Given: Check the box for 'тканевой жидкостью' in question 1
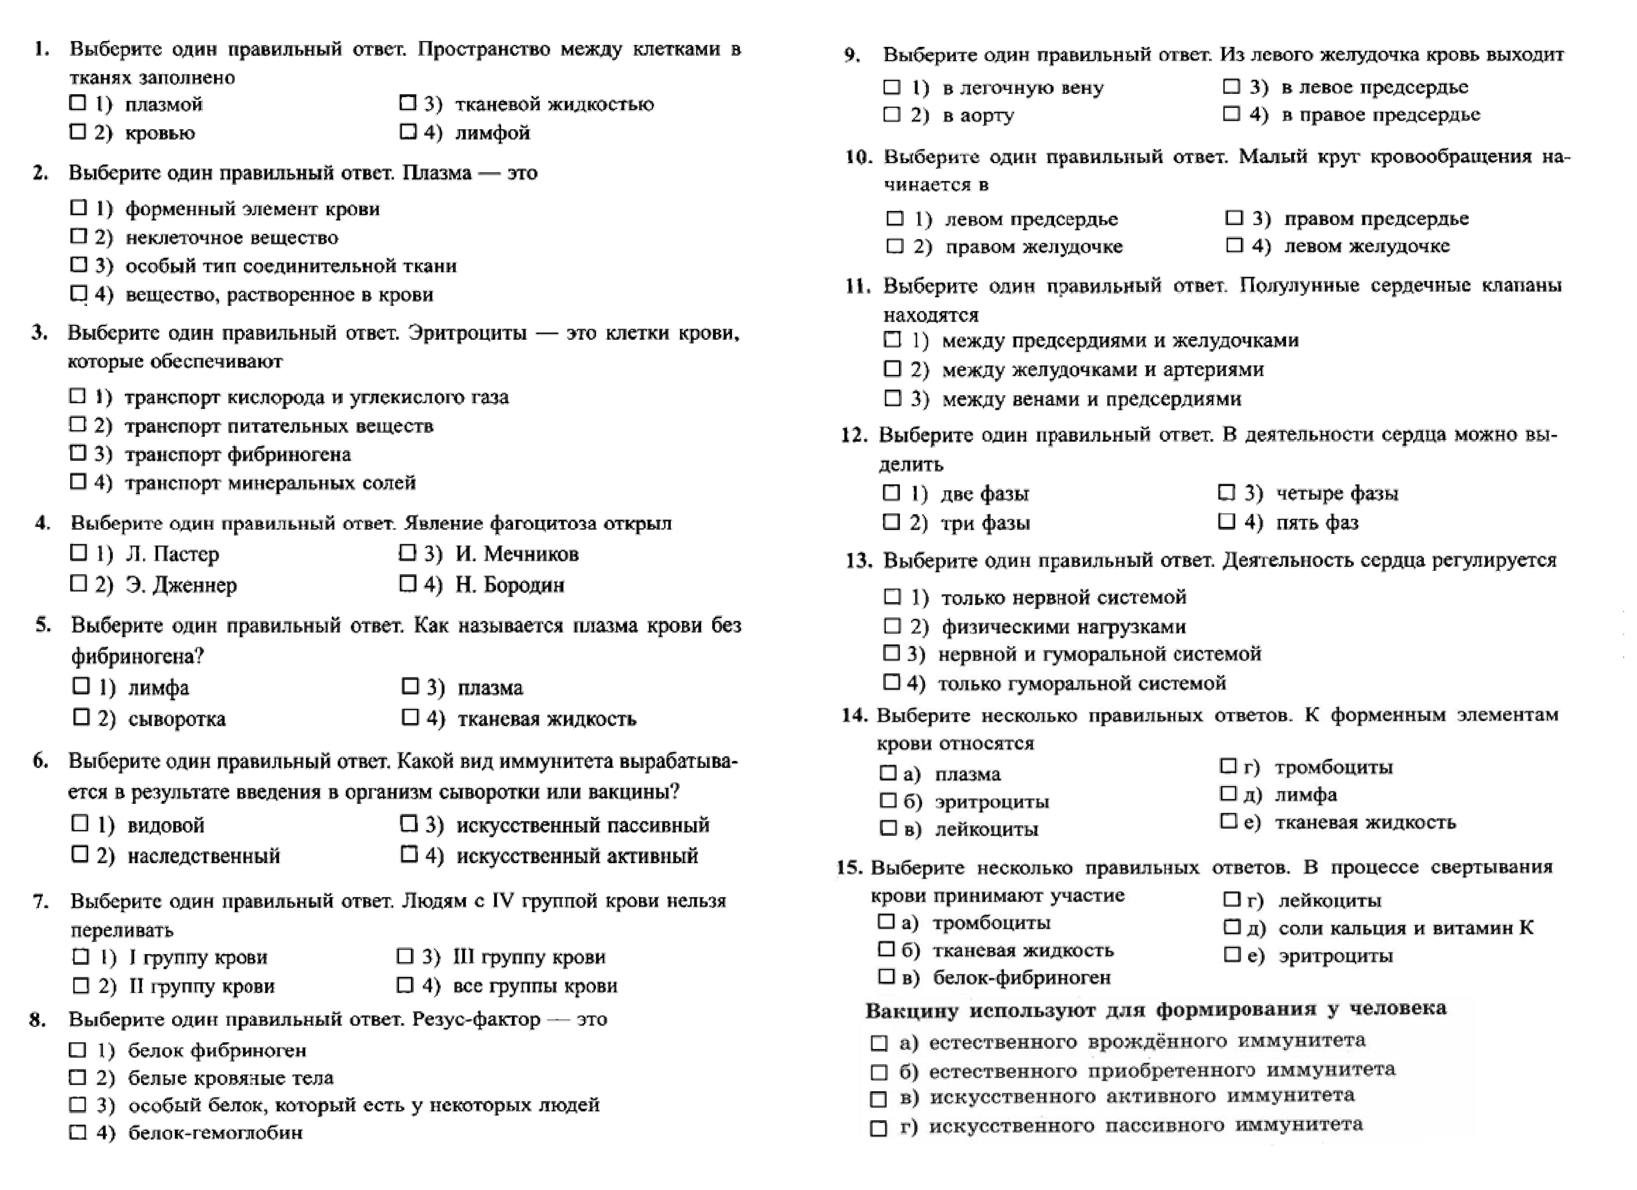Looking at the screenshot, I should coord(408,103).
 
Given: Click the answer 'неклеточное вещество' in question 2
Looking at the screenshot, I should coord(231,238).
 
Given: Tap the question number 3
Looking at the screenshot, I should coord(40,333).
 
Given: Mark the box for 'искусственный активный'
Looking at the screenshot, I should coord(409,855).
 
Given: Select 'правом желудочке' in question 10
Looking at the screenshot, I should coord(1034,246).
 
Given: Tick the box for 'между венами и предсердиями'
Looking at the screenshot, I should coord(893,398).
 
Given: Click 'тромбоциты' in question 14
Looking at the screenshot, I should coord(1333,767).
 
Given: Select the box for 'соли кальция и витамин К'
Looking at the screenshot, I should coord(1231,927).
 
